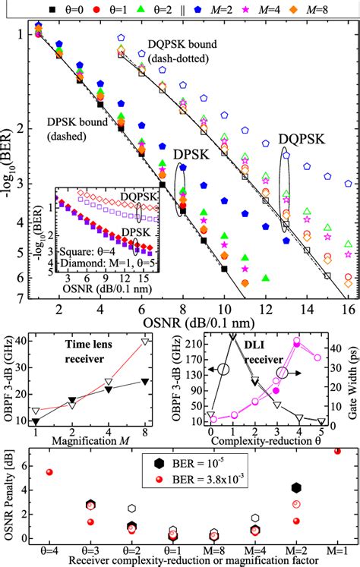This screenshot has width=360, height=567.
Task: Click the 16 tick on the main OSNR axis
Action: (x=347, y=311)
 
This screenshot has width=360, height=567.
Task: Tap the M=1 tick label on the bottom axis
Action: (x=336, y=549)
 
